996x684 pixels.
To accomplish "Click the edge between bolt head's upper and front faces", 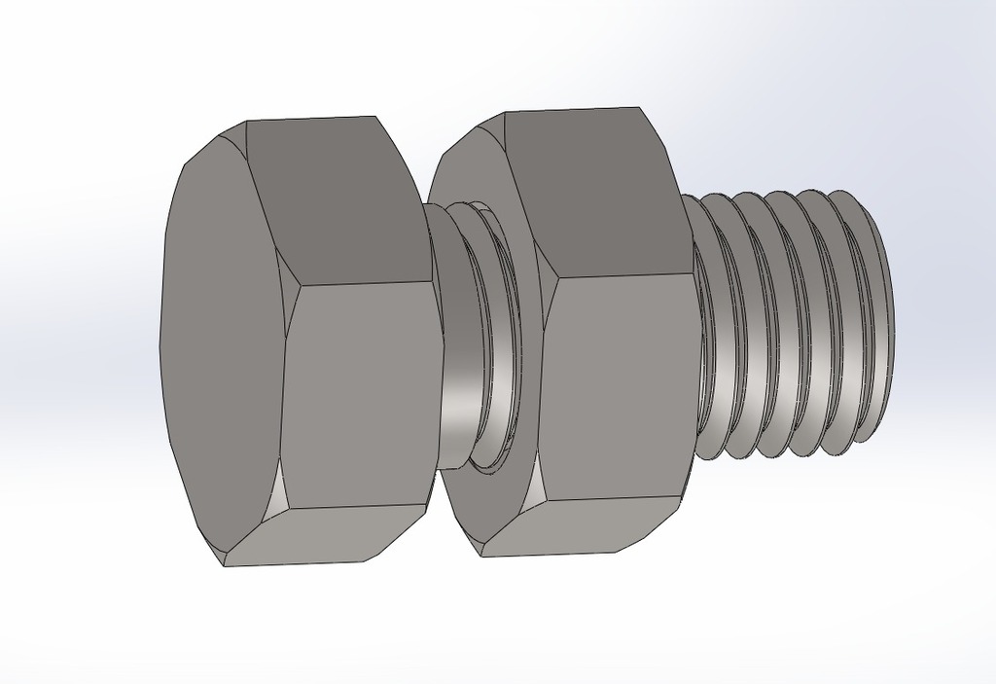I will (365, 283).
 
